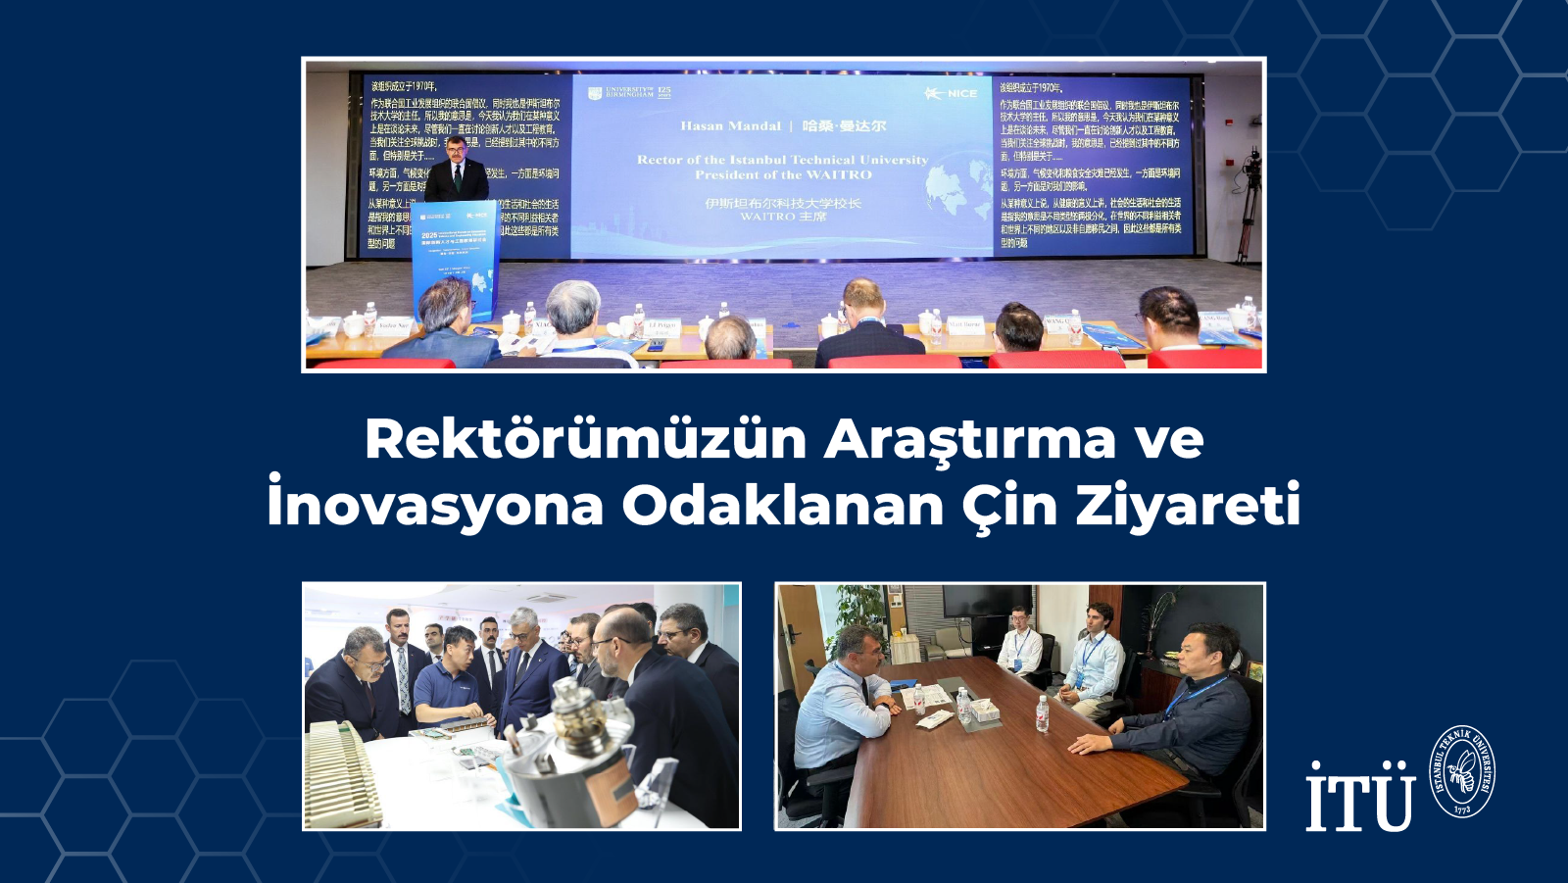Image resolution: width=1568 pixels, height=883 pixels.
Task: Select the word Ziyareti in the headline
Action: coord(1188,506)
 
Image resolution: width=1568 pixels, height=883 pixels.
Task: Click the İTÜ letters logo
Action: coord(1360,796)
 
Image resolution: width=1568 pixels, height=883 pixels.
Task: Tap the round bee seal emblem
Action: coord(1462,772)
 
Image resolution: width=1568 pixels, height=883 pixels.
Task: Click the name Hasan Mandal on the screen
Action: coord(730,126)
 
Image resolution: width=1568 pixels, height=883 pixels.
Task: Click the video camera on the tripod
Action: coord(1250,172)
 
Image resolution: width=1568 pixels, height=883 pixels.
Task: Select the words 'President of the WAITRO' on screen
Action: coord(783,175)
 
